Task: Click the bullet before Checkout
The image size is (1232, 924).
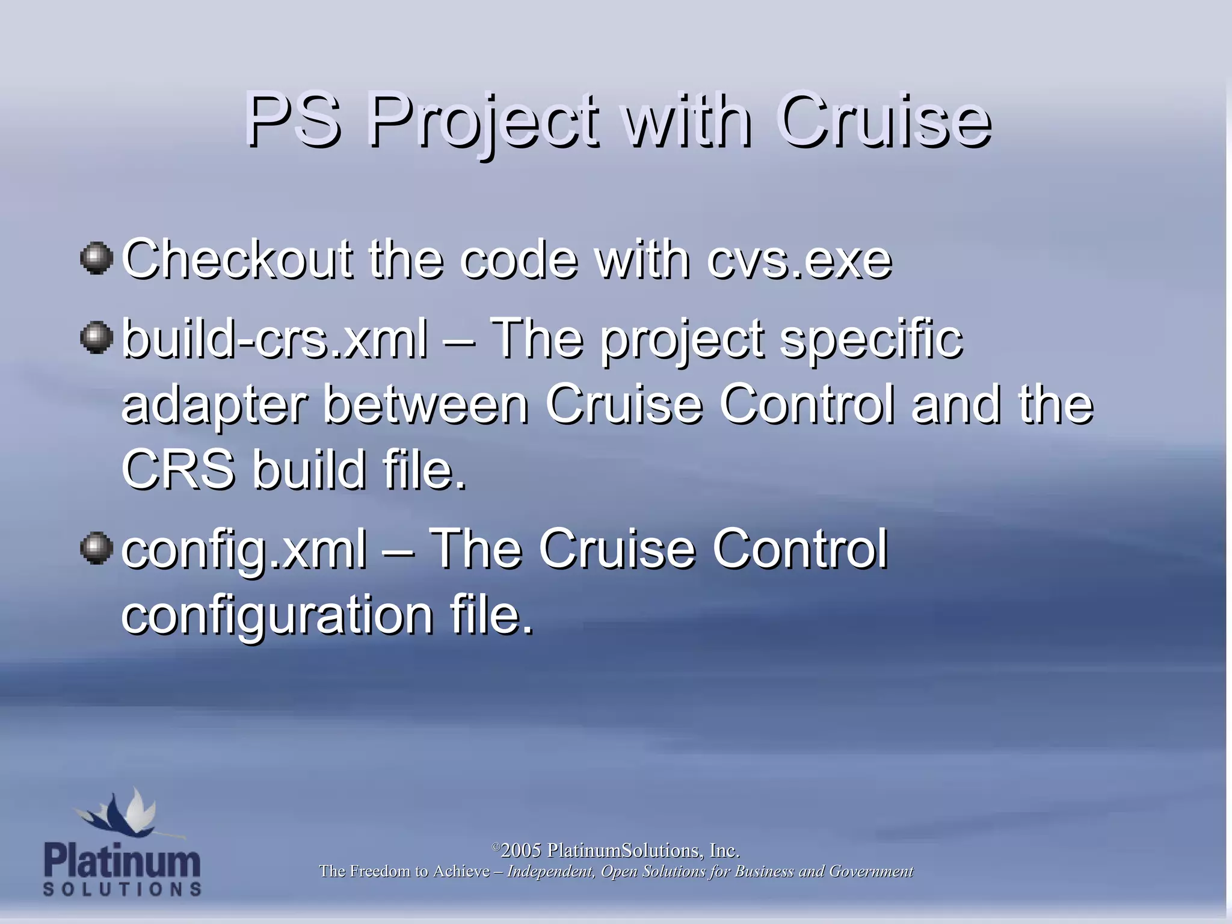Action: pyautogui.click(x=96, y=259)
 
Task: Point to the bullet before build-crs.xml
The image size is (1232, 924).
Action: pyautogui.click(x=96, y=337)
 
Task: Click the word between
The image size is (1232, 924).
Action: pyautogui.click(x=426, y=404)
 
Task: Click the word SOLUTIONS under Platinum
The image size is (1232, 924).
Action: pyautogui.click(x=122, y=889)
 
